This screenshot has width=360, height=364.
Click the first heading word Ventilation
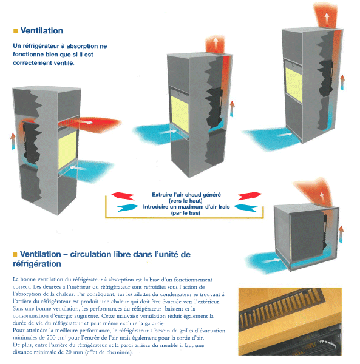pyautogui.click(x=42, y=31)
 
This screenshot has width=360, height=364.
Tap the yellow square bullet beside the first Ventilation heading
pyautogui.click(x=16, y=31)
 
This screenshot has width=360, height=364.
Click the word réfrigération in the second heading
pyautogui.click(x=37, y=264)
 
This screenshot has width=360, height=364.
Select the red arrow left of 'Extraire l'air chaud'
pyautogui.click(x=123, y=196)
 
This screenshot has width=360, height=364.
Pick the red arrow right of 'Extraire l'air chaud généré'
pyautogui.click(x=250, y=196)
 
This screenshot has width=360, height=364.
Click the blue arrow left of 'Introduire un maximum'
pyautogui.click(x=127, y=207)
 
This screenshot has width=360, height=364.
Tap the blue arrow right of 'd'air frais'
pyautogui.click(x=246, y=207)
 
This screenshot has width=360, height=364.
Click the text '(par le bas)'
pyautogui.click(x=185, y=213)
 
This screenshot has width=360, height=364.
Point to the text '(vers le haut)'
pyautogui.click(x=185, y=201)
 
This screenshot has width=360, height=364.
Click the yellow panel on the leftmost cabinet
pyautogui.click(x=67, y=150)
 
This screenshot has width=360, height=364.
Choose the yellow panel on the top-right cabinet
pyautogui.click(x=294, y=84)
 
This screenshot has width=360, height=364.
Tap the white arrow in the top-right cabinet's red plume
pyautogui.click(x=327, y=19)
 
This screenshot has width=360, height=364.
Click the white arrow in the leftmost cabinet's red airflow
pyautogui.click(x=86, y=121)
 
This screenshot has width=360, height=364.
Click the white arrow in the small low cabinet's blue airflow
pyautogui.click(x=272, y=261)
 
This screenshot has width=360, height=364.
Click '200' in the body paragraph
pyautogui.click(x=50, y=337)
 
